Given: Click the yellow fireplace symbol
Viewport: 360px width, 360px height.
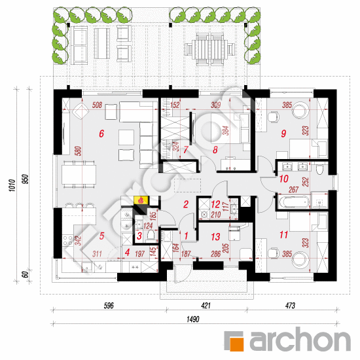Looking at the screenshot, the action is tap(141, 200).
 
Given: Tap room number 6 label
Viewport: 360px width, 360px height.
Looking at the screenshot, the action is tap(101, 134).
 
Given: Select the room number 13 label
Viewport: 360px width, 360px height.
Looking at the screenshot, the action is tap(215, 237).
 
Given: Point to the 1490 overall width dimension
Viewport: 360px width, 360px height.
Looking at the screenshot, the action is tap(193, 319).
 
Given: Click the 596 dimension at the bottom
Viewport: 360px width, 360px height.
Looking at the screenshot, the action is tap(109, 306).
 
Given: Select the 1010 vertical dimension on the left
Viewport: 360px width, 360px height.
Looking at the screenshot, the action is tap(12, 185).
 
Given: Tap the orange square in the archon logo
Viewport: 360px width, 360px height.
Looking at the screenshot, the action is tap(236, 344).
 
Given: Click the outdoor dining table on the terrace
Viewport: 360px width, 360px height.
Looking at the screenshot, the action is tap(210, 49).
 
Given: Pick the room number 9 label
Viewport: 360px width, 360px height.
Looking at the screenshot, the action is tap(283, 134).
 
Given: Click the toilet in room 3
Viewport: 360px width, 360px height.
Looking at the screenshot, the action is tap(151, 235).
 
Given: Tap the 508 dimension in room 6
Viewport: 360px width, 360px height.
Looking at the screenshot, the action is tap(97, 105).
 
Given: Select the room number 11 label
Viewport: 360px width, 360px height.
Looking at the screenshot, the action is tap(283, 235).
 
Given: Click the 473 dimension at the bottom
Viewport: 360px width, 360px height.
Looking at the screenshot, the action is tap(290, 306).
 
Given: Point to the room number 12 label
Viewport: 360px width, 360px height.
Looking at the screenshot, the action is tap(215, 204).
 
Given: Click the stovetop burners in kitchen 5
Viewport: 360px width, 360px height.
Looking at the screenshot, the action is tap(67, 240).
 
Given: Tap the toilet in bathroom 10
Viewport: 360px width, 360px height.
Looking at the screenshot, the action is tap(319, 169).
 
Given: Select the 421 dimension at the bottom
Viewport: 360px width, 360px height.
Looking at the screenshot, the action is tap(206, 306).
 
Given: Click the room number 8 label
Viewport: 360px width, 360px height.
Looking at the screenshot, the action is tap(215, 150).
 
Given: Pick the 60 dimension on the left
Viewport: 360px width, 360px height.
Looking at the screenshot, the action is tap(26, 275).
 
